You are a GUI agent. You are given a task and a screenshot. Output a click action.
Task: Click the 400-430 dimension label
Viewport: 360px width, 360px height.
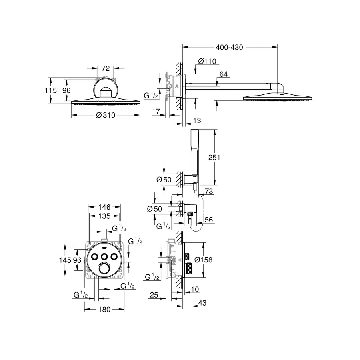point(230,48)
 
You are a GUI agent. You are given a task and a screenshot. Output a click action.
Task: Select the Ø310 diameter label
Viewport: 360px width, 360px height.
point(106,116)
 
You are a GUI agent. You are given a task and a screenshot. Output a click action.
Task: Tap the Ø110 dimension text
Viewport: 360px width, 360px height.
point(207,61)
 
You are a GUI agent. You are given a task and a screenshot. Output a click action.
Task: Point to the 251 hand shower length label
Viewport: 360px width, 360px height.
point(214,157)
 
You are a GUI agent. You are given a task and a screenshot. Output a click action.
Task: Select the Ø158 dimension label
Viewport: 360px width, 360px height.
point(203,260)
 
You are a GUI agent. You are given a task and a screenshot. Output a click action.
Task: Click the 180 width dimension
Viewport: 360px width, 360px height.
point(104,309)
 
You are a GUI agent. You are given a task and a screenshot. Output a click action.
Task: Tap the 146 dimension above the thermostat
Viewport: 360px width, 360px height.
point(104,207)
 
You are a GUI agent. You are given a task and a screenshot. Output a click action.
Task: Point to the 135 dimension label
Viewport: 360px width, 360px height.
point(104,216)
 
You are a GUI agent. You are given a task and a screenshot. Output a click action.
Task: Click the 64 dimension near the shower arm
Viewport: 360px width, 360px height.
point(223,74)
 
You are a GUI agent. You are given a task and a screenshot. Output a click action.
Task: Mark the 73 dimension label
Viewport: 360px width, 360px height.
point(209,192)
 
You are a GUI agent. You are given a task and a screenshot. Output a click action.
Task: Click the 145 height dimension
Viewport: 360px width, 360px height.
point(65,260)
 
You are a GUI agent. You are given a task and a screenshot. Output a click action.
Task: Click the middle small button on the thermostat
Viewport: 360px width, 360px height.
point(104,257)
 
